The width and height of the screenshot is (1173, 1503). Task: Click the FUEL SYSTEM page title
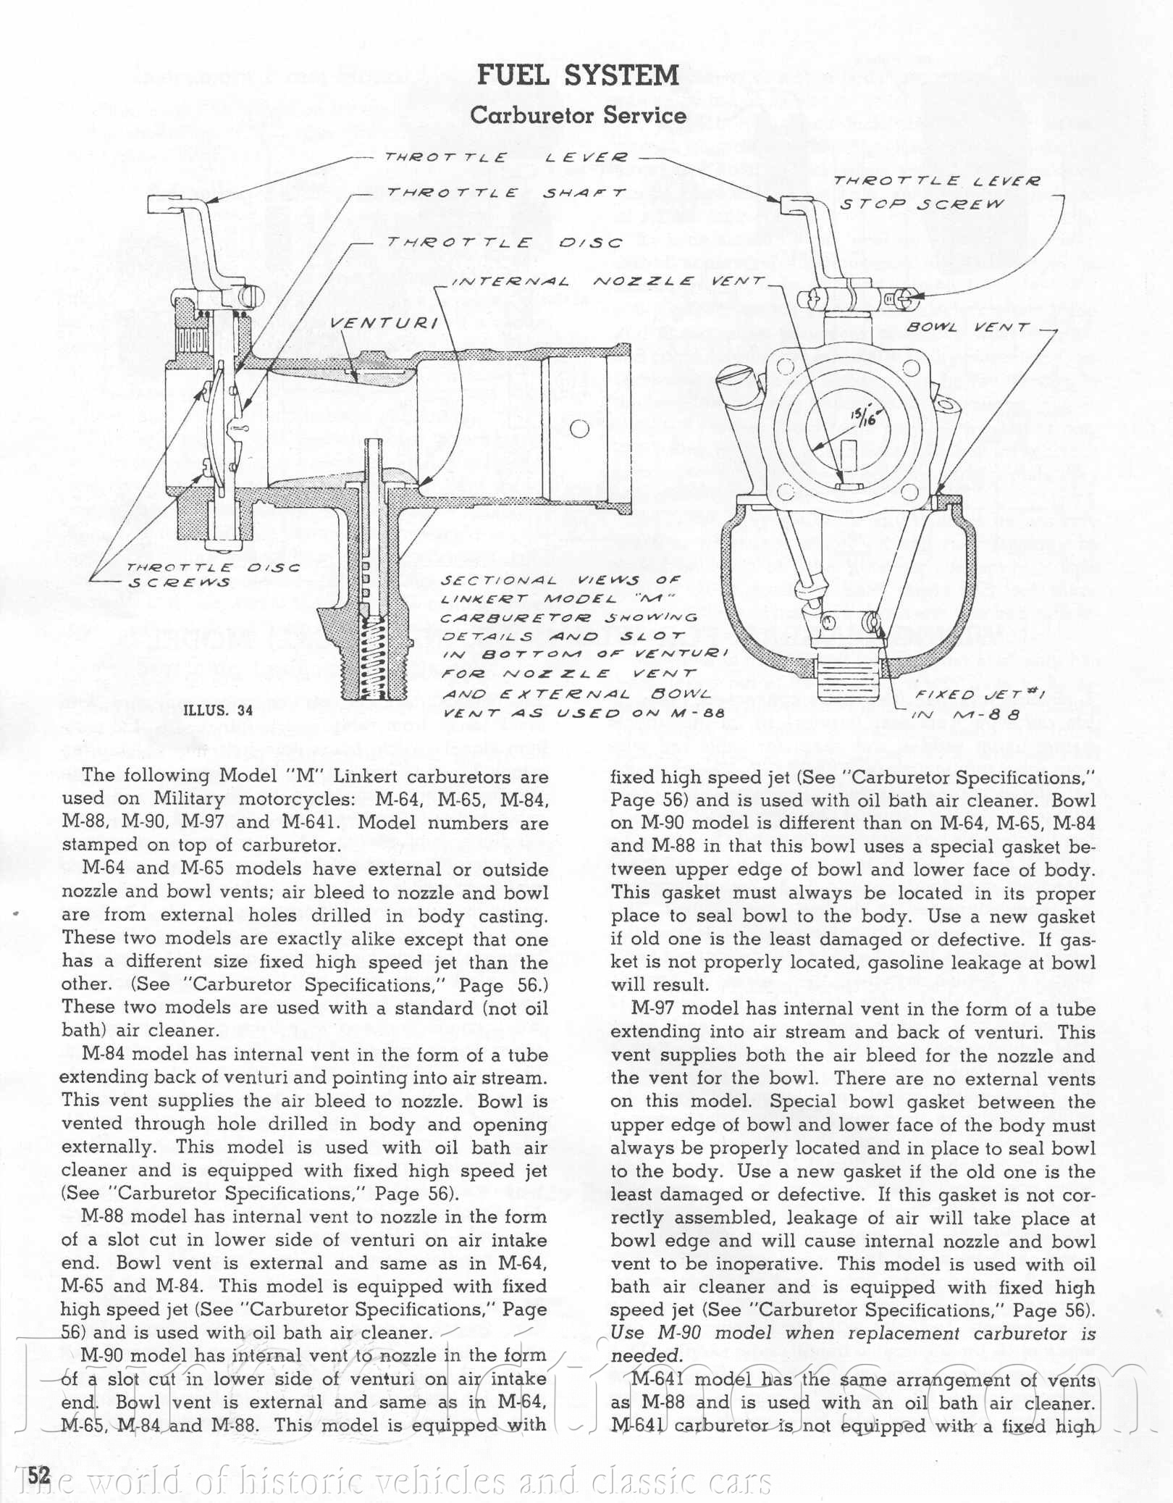(x=578, y=75)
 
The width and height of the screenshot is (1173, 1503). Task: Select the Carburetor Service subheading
(x=578, y=115)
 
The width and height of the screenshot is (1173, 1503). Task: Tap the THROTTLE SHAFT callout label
(x=506, y=193)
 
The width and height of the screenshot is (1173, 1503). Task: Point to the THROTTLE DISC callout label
(x=505, y=243)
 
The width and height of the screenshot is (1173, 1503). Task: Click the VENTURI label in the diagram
(x=384, y=322)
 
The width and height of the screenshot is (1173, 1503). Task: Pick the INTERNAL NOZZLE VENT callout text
(x=607, y=281)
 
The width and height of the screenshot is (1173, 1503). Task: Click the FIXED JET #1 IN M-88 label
(x=967, y=704)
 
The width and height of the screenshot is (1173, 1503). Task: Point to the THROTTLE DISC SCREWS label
(x=212, y=575)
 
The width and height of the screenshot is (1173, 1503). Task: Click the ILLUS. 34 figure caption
(x=218, y=710)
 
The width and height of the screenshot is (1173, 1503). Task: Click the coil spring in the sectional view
(x=374, y=656)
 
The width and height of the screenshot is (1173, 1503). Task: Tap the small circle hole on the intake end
(x=579, y=428)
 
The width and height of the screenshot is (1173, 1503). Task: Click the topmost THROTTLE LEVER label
(x=506, y=157)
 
